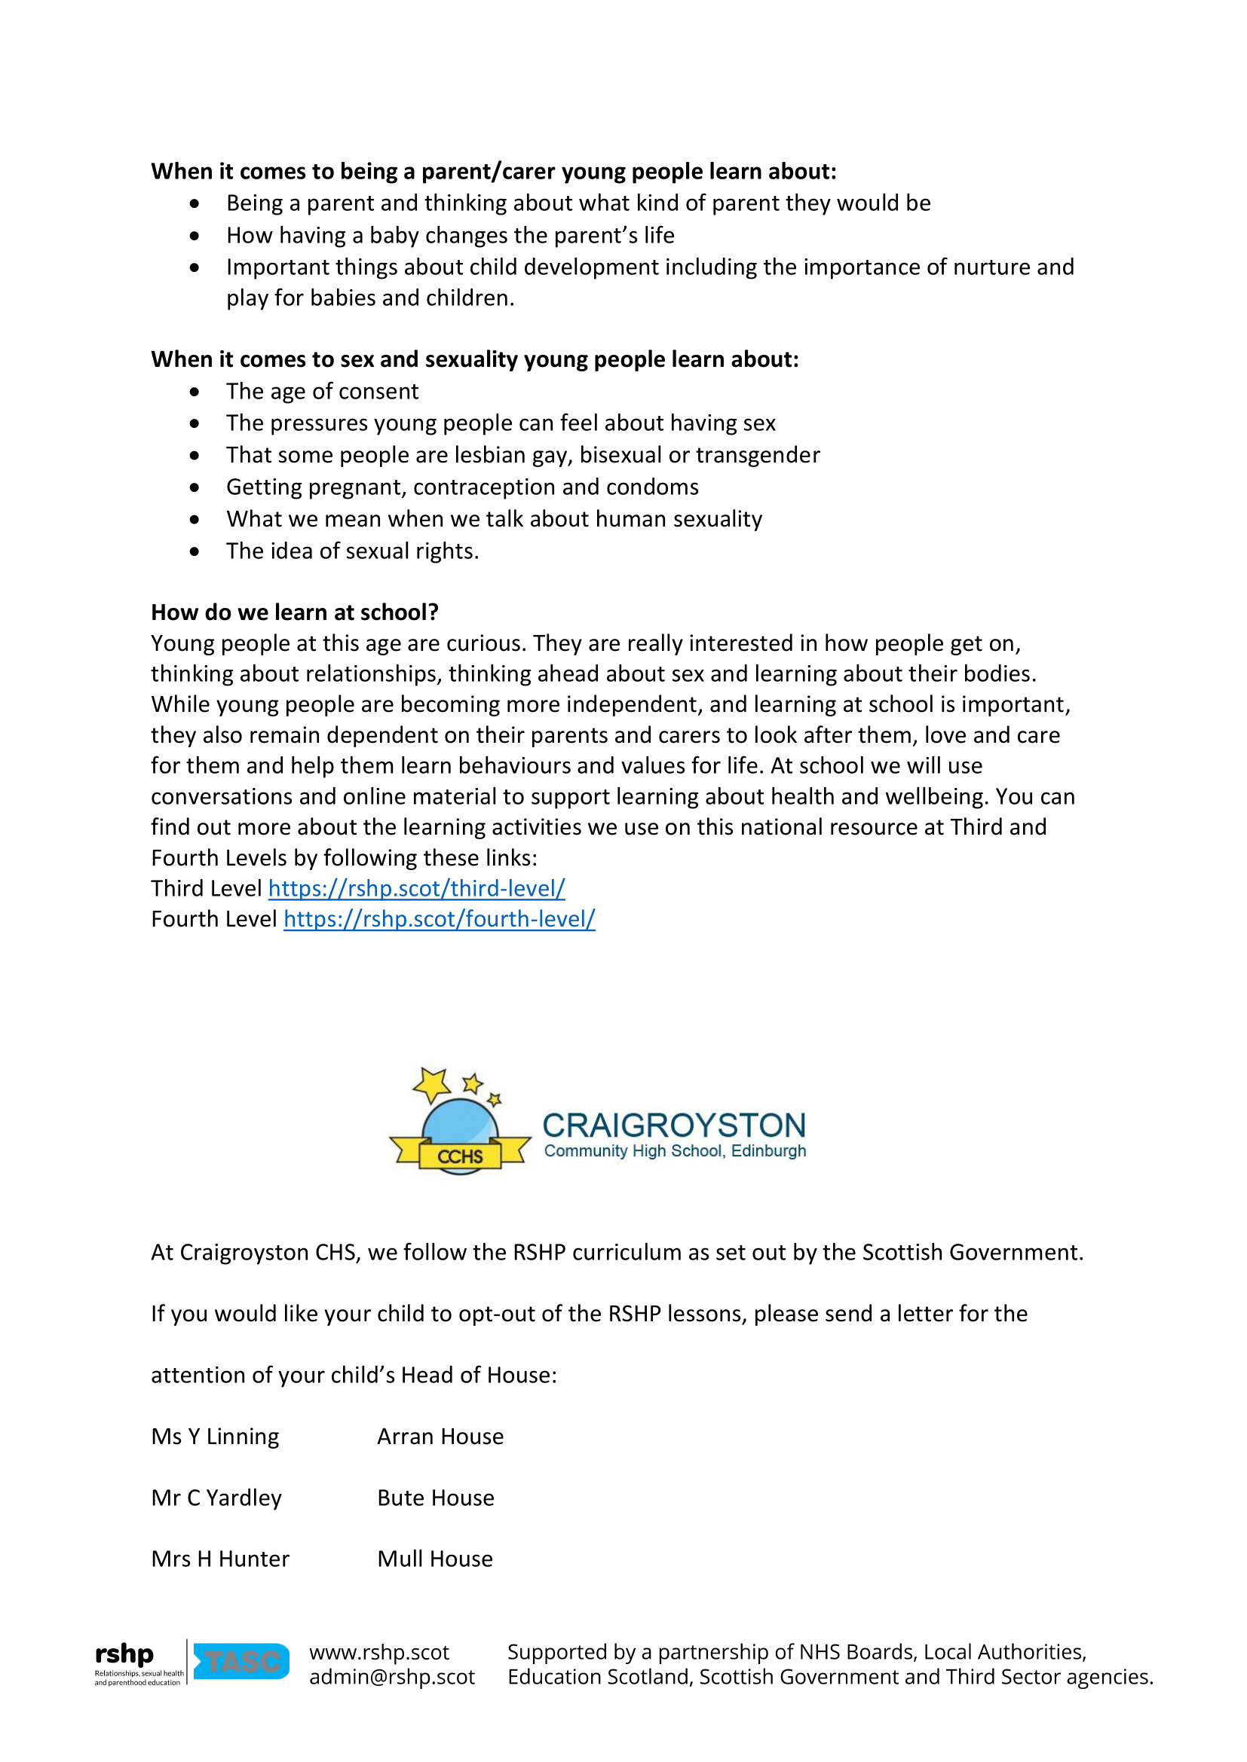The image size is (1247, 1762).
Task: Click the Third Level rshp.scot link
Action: (416, 888)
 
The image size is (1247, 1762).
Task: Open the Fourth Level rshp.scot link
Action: (440, 918)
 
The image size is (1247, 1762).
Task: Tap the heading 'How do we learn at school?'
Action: (295, 612)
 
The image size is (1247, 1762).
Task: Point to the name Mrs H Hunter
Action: (220, 1559)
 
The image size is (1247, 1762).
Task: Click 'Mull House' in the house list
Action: (434, 1559)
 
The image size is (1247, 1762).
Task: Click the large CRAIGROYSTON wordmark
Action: (674, 1125)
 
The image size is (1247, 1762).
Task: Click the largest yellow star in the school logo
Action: (432, 1084)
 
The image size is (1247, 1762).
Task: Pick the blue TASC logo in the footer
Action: (241, 1661)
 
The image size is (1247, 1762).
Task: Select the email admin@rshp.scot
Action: (391, 1677)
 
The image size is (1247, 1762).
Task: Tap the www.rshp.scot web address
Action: (379, 1651)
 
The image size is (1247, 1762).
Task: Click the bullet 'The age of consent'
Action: (322, 392)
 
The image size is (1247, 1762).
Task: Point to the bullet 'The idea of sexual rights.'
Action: (351, 551)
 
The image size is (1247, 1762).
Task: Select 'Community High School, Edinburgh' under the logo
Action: (675, 1151)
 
